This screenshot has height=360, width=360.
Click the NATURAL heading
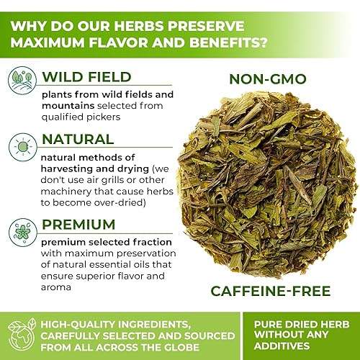coord(78,138)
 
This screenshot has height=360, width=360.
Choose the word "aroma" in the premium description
coord(58,287)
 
